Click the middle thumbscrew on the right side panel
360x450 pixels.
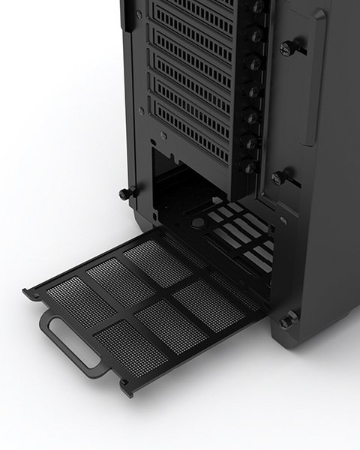pyautogui.click(x=280, y=178)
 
